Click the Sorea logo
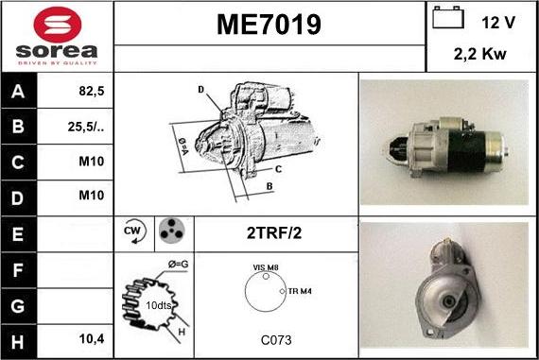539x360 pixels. point(57,36)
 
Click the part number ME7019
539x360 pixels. point(269,23)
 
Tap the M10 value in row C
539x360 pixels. point(91,161)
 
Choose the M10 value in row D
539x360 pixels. point(91,195)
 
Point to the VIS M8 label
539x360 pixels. point(266,269)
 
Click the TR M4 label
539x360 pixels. point(302,291)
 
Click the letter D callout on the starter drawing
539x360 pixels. point(200,90)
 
